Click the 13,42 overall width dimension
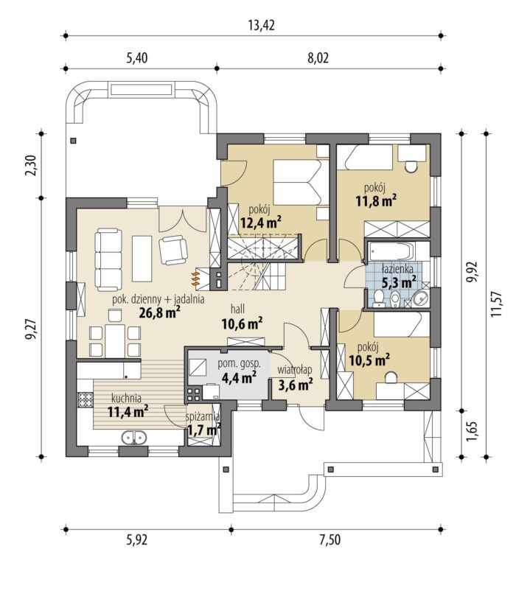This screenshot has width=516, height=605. tap(261, 26)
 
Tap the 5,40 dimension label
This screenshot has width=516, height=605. tap(137, 58)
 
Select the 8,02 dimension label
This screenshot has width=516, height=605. tap(318, 58)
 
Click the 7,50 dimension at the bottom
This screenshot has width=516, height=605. tap(330, 540)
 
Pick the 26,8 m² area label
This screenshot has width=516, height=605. tap(160, 312)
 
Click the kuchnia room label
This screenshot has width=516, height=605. tap(126, 398)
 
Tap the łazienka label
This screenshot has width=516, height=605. tap(397, 268)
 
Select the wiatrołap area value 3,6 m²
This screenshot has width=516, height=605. tap(296, 384)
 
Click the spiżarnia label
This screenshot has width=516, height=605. tap(203, 416)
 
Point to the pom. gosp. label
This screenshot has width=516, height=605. tap(240, 364)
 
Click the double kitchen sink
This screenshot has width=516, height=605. tap(134, 438)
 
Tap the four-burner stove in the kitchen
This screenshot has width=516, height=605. tap(86, 399)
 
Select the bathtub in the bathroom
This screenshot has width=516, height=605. tap(391, 251)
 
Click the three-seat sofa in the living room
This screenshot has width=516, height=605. tap(108, 259)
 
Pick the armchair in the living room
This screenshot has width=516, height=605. tap(173, 250)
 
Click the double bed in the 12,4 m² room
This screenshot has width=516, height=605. tap(297, 182)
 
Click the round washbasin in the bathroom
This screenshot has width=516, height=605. tap(419, 298)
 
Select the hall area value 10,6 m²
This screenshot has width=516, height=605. tap(243, 324)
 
